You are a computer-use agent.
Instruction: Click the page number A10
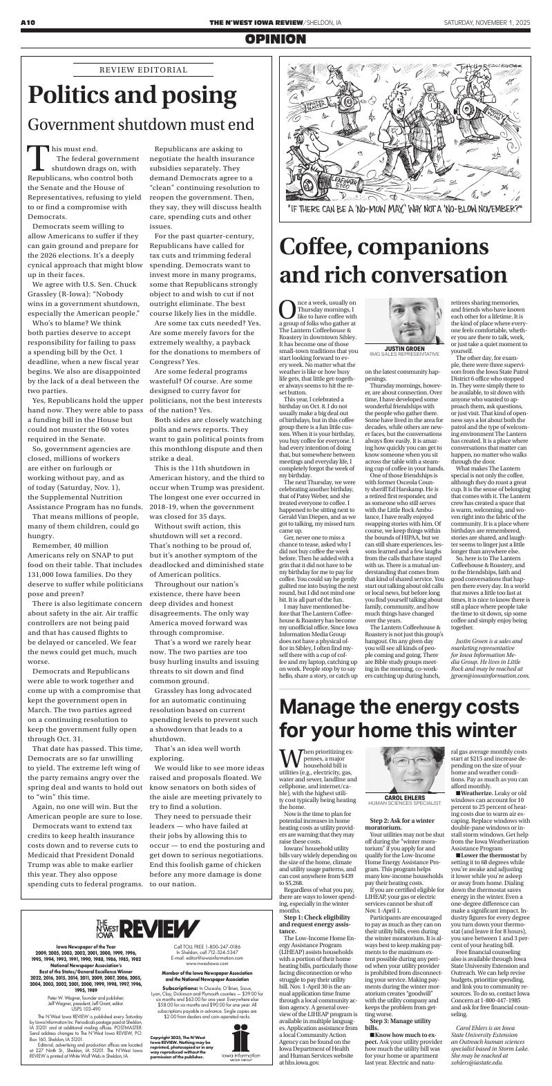pyautogui.click(x=28, y=23)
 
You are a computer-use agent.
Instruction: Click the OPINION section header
pyautogui.click(x=276, y=41)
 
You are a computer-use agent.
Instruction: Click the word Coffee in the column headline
pyautogui.click(x=324, y=247)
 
